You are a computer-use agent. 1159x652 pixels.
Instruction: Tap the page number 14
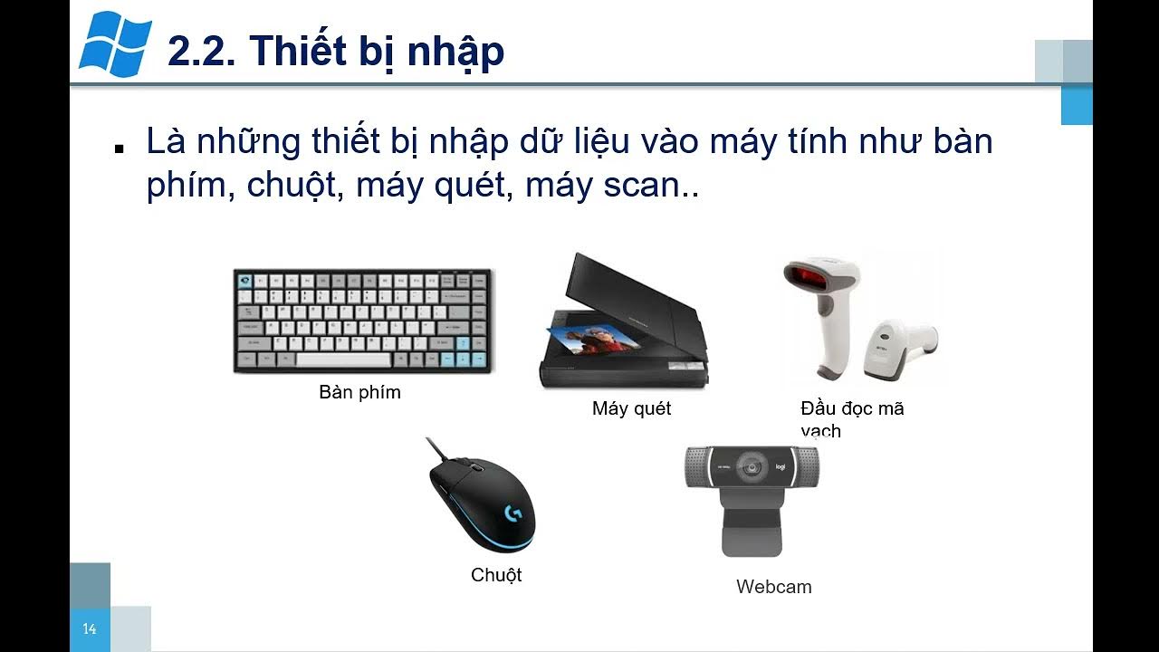[x=90, y=629]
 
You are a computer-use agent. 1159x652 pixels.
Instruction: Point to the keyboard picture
[x=362, y=321]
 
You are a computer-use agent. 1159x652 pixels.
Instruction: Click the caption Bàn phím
[x=359, y=393]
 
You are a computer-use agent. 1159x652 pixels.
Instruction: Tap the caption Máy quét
[x=631, y=408]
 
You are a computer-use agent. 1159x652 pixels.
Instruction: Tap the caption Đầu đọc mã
[x=852, y=408]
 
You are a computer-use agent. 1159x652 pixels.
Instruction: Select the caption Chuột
[x=496, y=575]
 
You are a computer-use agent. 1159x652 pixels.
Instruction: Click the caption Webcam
[x=773, y=587]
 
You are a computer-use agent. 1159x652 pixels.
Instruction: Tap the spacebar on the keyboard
[x=343, y=360]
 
